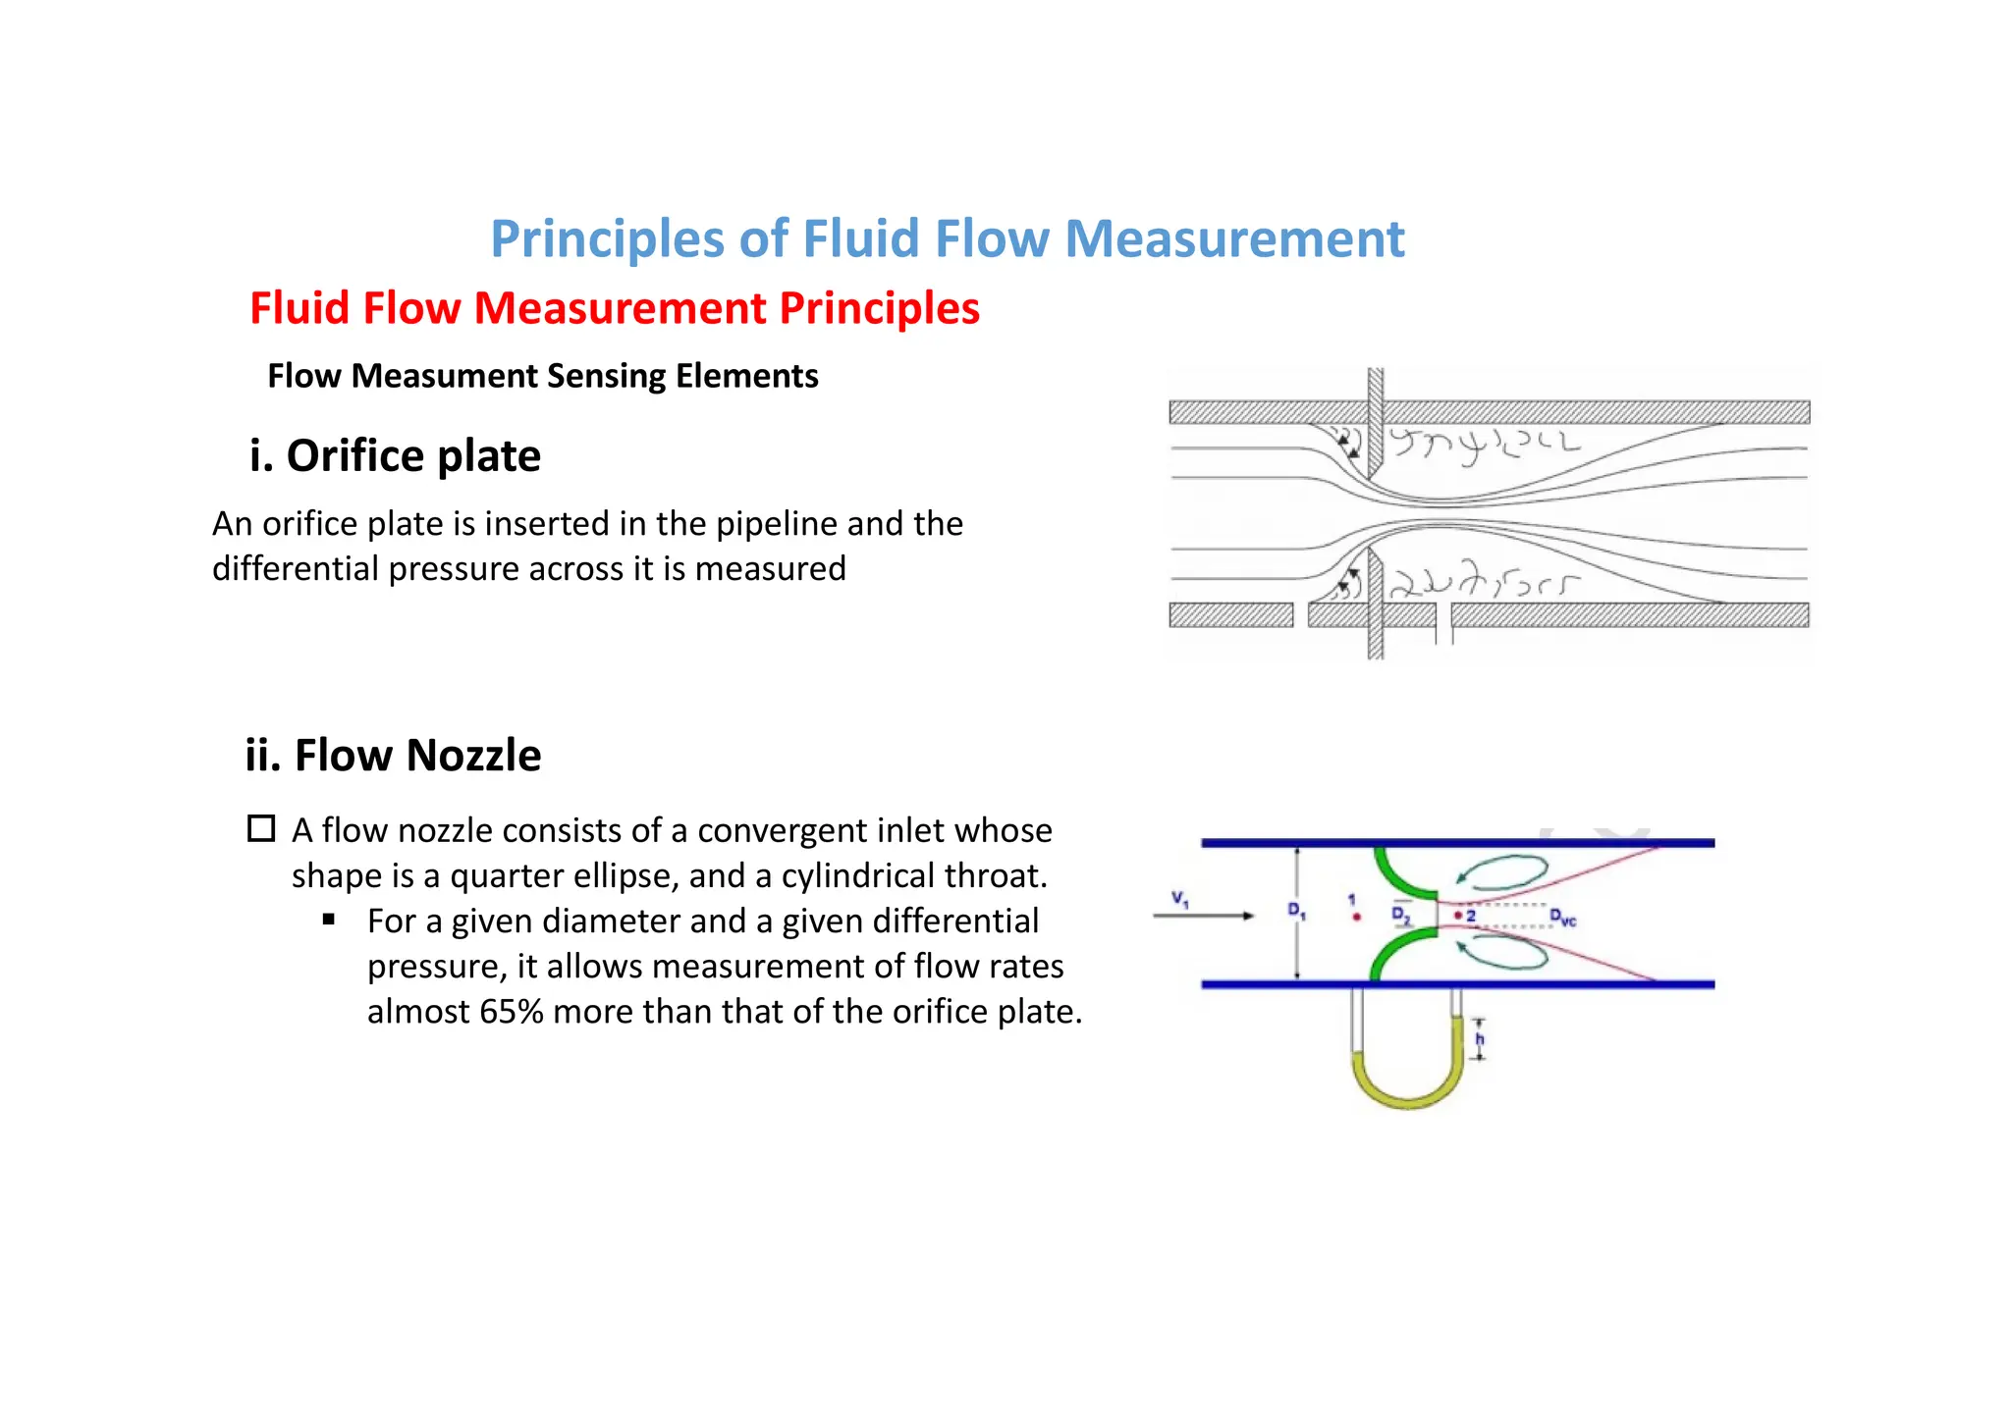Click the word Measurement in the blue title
pyautogui.click(x=1234, y=238)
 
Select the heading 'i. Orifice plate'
pyautogui.click(x=395, y=456)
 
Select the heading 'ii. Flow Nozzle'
pyautogui.click(x=393, y=756)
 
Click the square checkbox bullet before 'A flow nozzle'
pyautogui.click(x=261, y=829)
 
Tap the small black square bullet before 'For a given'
pyautogui.click(x=329, y=920)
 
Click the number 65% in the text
pyautogui.click(x=511, y=1012)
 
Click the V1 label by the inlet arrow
pyautogui.click(x=1179, y=898)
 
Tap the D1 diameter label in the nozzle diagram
pyautogui.click(x=1296, y=911)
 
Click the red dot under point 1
pyautogui.click(x=1356, y=918)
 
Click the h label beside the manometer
pyautogui.click(x=1480, y=1039)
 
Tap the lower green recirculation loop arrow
pyautogui.click(x=1502, y=954)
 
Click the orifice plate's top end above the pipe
pyautogui.click(x=1375, y=383)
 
